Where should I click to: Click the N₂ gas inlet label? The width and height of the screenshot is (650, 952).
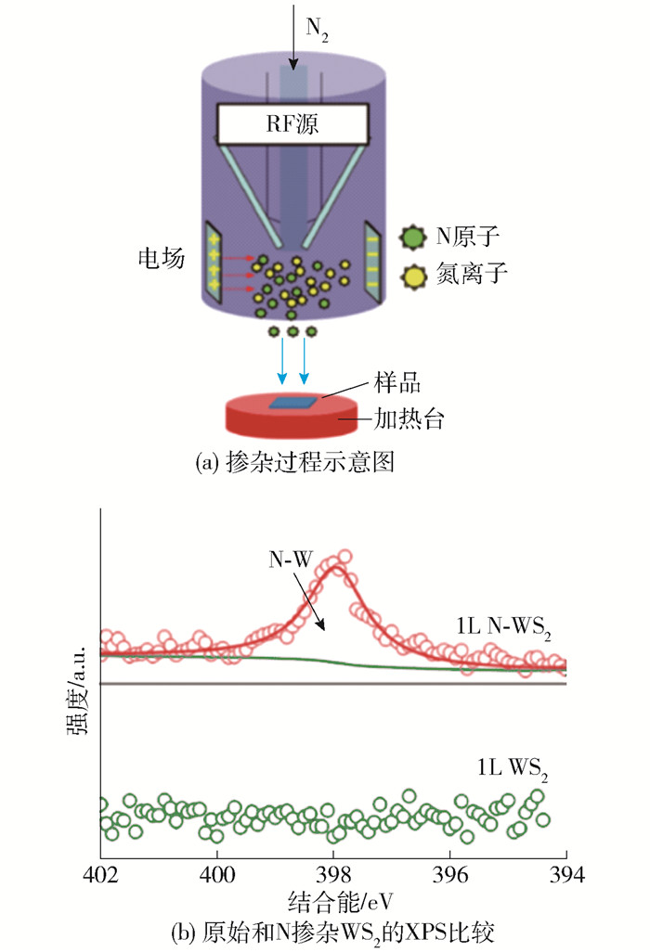tap(317, 29)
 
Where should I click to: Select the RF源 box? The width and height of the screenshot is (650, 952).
tap(292, 124)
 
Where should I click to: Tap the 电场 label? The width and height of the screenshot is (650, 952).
tap(161, 258)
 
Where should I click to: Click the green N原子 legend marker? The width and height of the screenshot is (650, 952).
tap(413, 237)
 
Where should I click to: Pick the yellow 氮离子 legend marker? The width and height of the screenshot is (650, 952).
tap(413, 277)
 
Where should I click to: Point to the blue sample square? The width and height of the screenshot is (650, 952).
tap(293, 403)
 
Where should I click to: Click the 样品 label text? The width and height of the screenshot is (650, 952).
tap(397, 383)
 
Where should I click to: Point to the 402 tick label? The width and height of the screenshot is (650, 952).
tap(101, 875)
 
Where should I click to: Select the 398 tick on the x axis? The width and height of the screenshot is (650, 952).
tap(333, 875)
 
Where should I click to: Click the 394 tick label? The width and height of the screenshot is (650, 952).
tap(566, 875)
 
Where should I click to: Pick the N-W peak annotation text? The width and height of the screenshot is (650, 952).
tap(291, 559)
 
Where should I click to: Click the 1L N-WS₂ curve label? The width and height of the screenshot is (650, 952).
tap(503, 627)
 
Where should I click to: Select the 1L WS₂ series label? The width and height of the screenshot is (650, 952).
tap(512, 769)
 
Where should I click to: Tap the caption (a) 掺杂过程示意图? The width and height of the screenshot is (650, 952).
tap(294, 462)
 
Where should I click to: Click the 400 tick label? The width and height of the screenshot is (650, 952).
tap(217, 875)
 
